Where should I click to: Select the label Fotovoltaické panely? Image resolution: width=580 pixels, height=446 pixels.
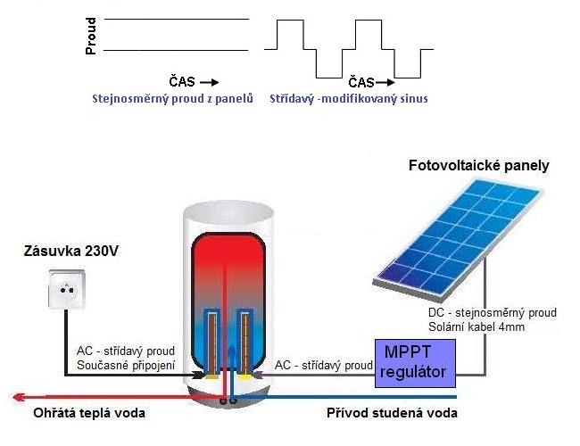[x=478, y=166]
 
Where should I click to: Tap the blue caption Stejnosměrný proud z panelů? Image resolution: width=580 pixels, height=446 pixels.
[x=174, y=98]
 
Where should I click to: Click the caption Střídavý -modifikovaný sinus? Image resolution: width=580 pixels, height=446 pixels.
[x=348, y=98]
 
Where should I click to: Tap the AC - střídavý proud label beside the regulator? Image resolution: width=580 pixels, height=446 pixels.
[x=323, y=366]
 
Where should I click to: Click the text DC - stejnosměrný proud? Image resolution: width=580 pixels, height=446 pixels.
[x=493, y=313]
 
